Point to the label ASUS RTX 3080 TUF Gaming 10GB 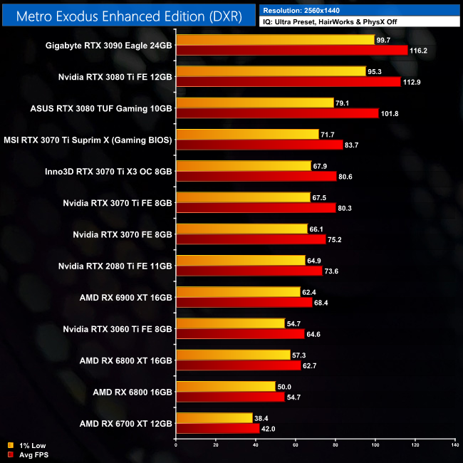[101, 108]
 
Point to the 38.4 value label [263, 419]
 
